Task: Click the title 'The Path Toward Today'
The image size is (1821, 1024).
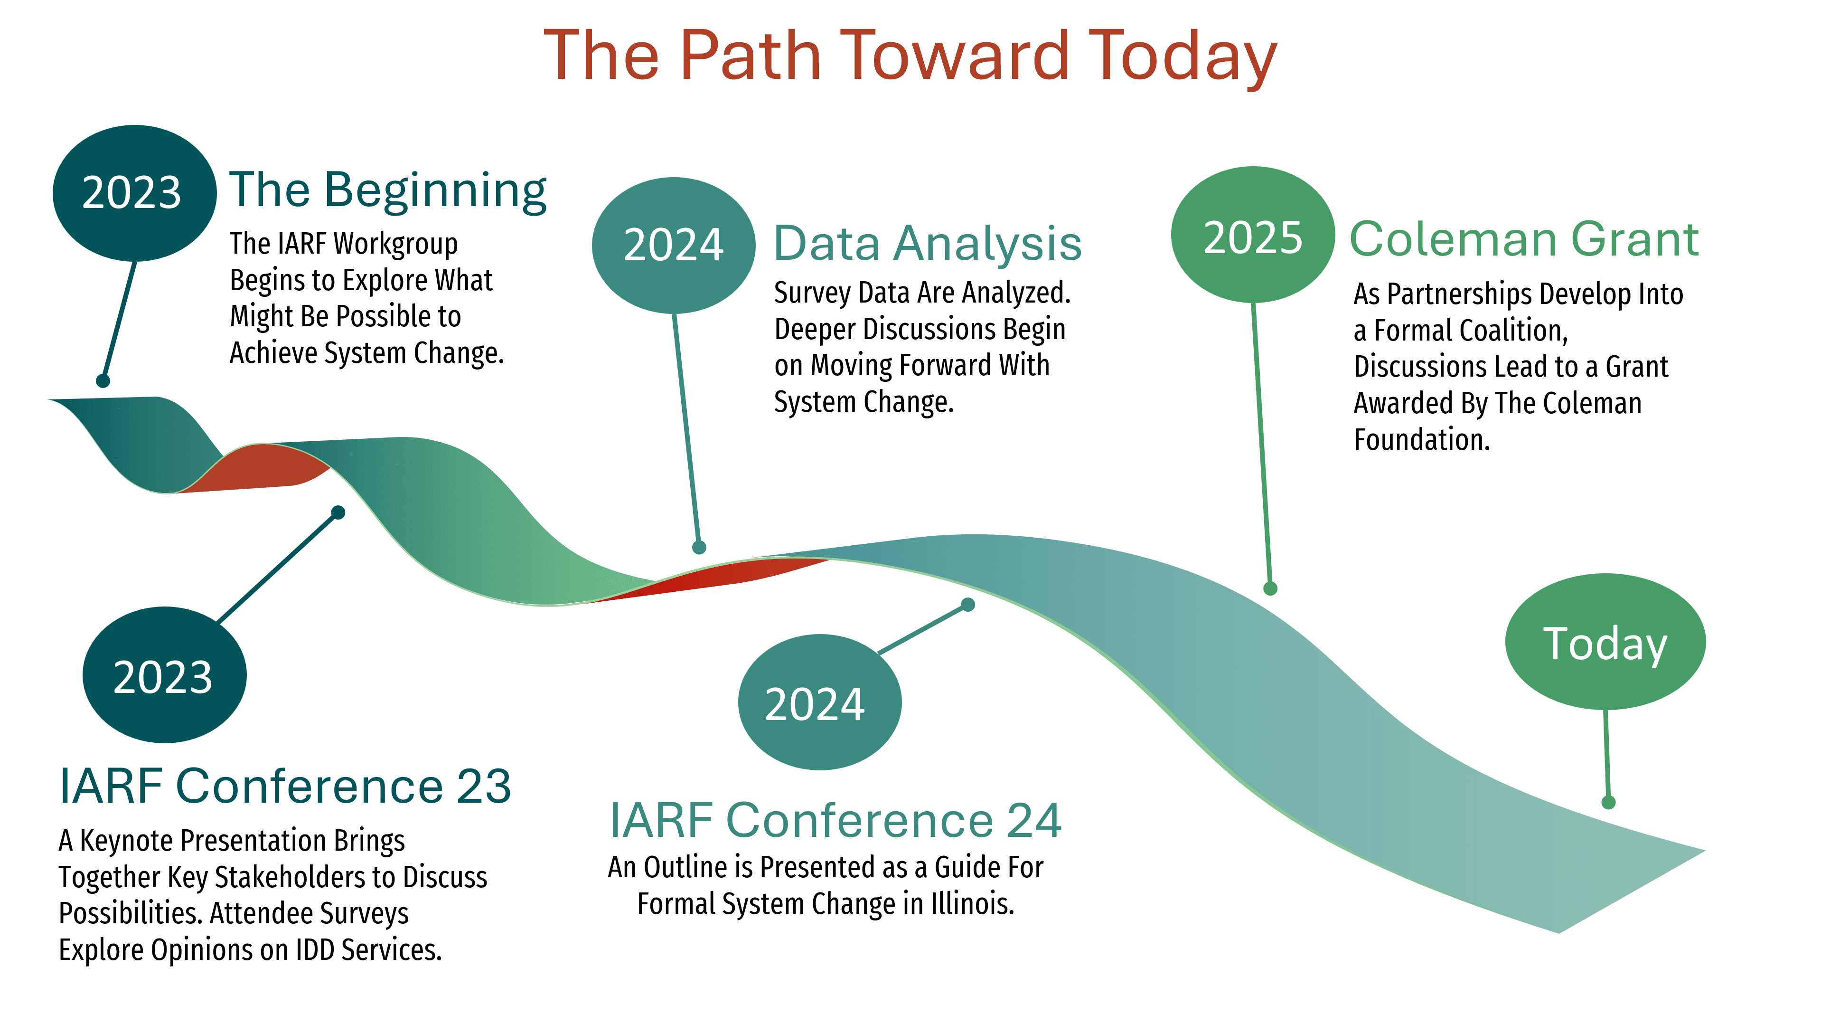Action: [x=910, y=57]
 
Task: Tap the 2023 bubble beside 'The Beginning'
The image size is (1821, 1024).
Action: [x=134, y=193]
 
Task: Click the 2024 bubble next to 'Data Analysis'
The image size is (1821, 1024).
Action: [x=674, y=246]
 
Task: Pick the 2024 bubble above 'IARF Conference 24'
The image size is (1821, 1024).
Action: [x=819, y=702]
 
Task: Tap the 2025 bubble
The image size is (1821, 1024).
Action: [x=1253, y=235]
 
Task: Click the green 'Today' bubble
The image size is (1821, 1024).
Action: [x=1605, y=641]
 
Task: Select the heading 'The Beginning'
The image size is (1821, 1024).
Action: [x=388, y=191]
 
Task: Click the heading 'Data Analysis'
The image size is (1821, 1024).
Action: [x=928, y=243]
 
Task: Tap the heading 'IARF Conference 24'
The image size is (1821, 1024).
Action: [x=835, y=820]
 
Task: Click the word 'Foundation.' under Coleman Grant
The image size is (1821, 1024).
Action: [x=1422, y=439]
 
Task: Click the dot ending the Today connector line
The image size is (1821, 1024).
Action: [x=1608, y=802]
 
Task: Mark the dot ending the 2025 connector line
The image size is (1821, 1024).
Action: [x=1270, y=588]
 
